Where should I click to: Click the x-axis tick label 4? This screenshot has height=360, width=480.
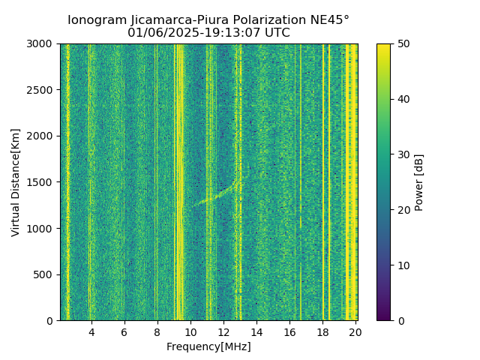91,332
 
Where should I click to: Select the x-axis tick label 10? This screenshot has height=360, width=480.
190,332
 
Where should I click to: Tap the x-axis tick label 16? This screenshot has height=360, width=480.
289,332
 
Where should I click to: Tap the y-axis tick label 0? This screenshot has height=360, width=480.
52,321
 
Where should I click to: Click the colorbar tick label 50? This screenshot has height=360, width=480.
403,44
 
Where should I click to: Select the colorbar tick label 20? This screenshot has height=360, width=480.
403,210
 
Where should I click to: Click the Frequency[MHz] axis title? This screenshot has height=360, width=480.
208,346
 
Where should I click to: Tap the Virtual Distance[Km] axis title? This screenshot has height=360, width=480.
16,182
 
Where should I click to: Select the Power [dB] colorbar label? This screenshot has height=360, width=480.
419,182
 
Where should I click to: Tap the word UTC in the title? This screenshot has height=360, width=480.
276,33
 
